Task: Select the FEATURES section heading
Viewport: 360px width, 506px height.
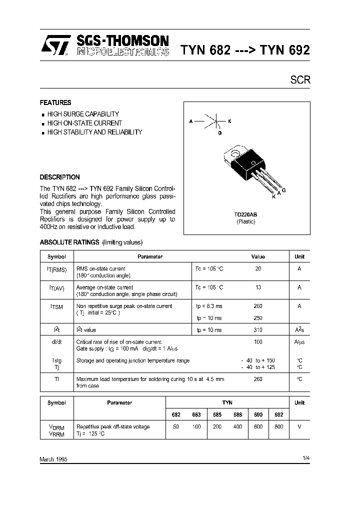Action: [x=55, y=102]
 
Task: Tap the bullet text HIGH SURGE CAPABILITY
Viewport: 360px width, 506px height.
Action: [x=83, y=114]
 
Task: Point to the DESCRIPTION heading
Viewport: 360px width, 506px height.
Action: [x=59, y=177]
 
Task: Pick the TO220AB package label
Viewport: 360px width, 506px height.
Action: [x=245, y=214]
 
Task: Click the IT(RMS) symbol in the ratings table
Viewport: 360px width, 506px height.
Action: [x=56, y=269]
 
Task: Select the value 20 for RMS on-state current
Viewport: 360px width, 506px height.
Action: [x=258, y=269]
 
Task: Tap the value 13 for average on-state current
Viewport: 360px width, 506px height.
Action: [x=258, y=287]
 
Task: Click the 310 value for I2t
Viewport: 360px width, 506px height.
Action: [x=258, y=330]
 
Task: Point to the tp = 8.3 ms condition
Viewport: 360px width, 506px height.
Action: [x=209, y=306]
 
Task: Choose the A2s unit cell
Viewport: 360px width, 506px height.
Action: [x=299, y=330]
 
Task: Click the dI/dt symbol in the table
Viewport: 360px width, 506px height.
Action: [x=56, y=341]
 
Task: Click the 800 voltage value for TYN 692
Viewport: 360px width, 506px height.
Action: [x=278, y=426]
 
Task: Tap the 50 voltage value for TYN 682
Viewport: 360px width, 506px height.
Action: [x=175, y=426]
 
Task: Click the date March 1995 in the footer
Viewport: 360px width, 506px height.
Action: [x=53, y=459]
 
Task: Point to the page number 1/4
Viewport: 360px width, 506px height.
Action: [x=306, y=458]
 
